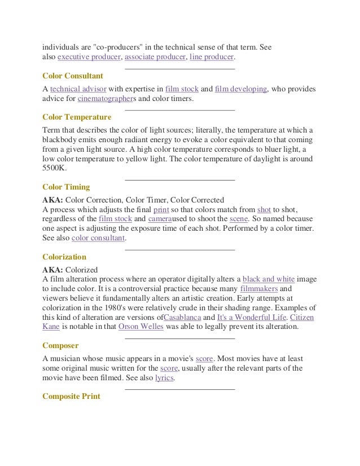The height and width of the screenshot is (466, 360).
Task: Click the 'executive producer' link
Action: pyautogui.click(x=89, y=58)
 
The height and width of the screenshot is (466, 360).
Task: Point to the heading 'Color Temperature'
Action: pyautogui.click(x=77, y=117)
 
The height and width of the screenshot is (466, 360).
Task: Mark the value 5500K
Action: pyautogui.click(x=54, y=168)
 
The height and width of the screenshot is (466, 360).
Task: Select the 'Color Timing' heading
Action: pyautogui.click(x=66, y=187)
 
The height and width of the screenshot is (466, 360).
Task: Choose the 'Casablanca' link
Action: pyautogui.click(x=182, y=317)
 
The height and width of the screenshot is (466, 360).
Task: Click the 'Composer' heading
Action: pyautogui.click(x=60, y=345)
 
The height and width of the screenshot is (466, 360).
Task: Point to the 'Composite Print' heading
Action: pyautogui.click(x=71, y=396)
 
